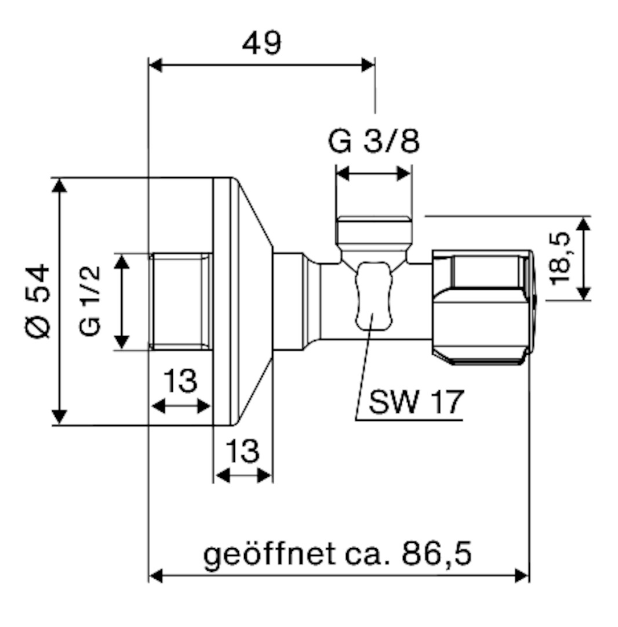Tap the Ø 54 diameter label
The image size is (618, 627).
[x=38, y=301]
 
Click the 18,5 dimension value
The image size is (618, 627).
[x=560, y=259]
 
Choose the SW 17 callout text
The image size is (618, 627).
[x=416, y=402]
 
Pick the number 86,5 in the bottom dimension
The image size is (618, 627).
[x=437, y=554]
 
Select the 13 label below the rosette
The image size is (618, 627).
[x=243, y=451]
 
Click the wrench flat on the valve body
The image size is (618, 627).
[x=373, y=296]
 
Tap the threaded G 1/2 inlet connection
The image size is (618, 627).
[x=180, y=301]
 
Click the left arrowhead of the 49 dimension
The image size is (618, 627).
[x=155, y=65]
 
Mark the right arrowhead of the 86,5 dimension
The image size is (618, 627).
[x=522, y=576]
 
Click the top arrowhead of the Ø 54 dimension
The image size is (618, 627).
[x=60, y=186]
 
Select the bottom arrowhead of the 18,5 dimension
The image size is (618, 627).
[x=584, y=293]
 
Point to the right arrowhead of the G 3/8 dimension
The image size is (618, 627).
[x=404, y=174]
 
